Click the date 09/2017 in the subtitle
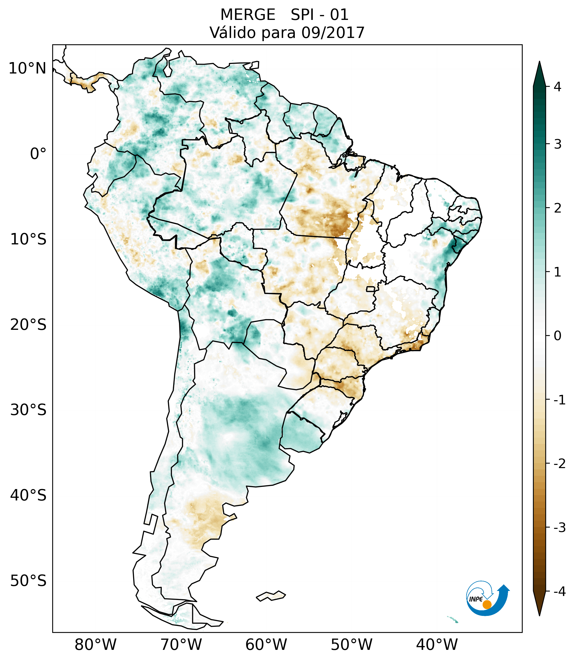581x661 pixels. coord(333,33)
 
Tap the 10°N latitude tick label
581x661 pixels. coord(28,68)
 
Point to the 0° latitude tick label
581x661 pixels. coord(38,154)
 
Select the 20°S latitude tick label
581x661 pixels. coord(28,325)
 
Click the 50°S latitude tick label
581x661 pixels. coord(28,581)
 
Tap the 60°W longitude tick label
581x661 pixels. coord(266,645)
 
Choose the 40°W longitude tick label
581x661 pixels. coord(437,645)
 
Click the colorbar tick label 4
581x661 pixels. coord(557,87)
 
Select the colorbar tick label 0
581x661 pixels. coord(557,336)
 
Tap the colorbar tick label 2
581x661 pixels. coord(557,208)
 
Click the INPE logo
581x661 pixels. coord(488,598)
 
